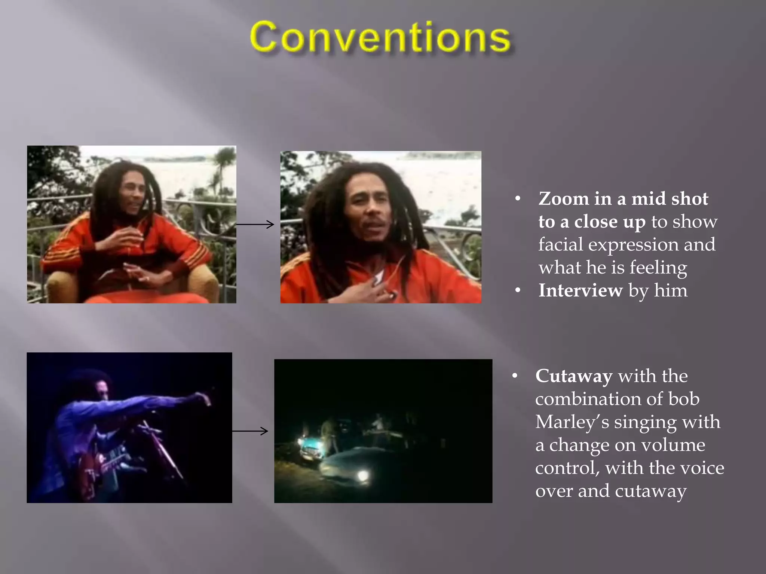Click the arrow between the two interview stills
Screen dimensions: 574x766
tap(255, 224)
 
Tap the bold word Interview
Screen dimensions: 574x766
tap(580, 291)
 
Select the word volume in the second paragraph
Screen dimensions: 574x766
tap(673, 445)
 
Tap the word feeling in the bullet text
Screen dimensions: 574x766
tap(658, 268)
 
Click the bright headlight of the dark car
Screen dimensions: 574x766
tap(362, 475)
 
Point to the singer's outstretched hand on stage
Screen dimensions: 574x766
tap(204, 399)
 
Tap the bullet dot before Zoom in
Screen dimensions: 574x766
tap(518, 199)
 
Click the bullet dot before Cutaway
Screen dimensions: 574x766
tap(515, 376)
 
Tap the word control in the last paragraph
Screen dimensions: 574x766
tap(567, 468)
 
